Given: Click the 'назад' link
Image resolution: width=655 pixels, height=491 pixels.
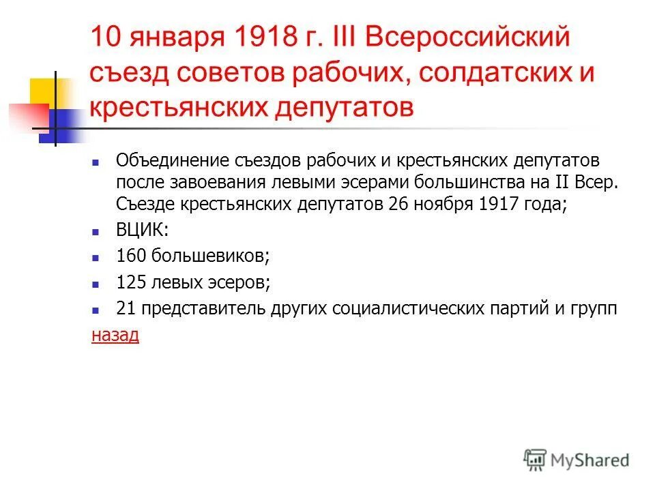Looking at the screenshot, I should pos(115,335).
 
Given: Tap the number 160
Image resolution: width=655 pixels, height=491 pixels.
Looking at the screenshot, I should pos(132,256).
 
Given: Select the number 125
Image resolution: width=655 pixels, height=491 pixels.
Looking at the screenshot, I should pos(132,282).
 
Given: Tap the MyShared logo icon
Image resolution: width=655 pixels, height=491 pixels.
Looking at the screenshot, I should pos(537,460).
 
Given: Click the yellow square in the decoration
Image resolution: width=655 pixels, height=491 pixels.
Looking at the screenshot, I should pos(42,92).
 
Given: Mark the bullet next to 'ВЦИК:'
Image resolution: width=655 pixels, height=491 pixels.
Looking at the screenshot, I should pos(96,232).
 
